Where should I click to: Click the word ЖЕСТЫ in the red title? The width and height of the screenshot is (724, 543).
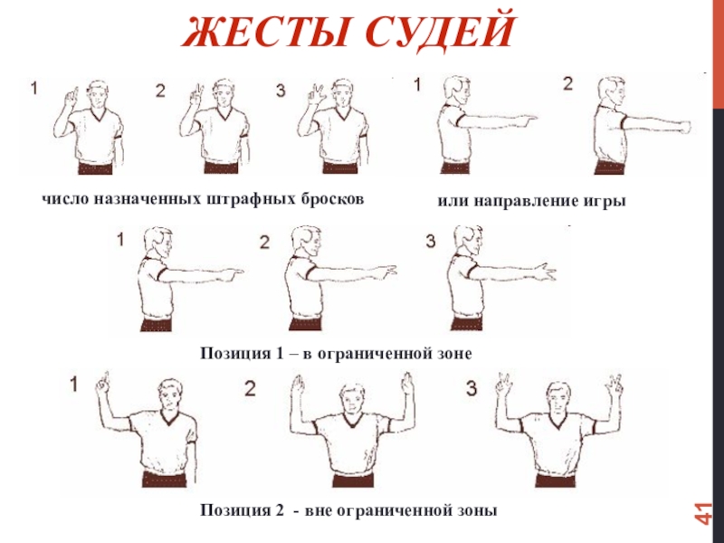tap(265, 32)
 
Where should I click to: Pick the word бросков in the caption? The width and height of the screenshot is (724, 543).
tap(332, 198)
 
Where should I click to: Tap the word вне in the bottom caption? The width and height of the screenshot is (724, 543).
tap(317, 510)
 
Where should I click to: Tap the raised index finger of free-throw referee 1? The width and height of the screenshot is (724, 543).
tap(71, 95)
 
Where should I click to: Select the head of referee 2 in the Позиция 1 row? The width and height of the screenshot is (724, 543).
tap(305, 243)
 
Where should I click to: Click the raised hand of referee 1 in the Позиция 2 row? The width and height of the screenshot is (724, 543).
tap(102, 385)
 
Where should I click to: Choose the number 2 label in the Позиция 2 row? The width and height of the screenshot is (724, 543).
tap(250, 389)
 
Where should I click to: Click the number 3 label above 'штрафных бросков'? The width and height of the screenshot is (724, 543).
tap(281, 90)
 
